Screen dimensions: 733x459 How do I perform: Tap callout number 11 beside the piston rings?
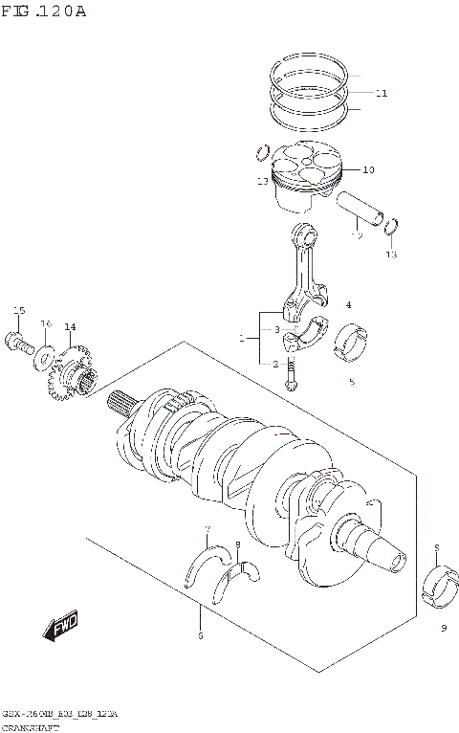click(382, 94)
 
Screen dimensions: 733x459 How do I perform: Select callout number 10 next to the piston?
click(368, 170)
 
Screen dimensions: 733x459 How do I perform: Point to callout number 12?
click(356, 235)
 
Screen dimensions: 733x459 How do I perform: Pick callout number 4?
click(348, 305)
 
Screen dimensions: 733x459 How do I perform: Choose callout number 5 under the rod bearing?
click(351, 382)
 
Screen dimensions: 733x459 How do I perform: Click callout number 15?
click(18, 310)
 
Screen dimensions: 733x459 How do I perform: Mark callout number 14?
click(70, 327)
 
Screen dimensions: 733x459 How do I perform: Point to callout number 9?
click(444, 628)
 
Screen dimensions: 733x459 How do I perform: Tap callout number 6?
click(199, 634)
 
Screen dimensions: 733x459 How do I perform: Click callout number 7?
click(207, 529)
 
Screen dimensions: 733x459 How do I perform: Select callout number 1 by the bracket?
click(243, 338)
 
